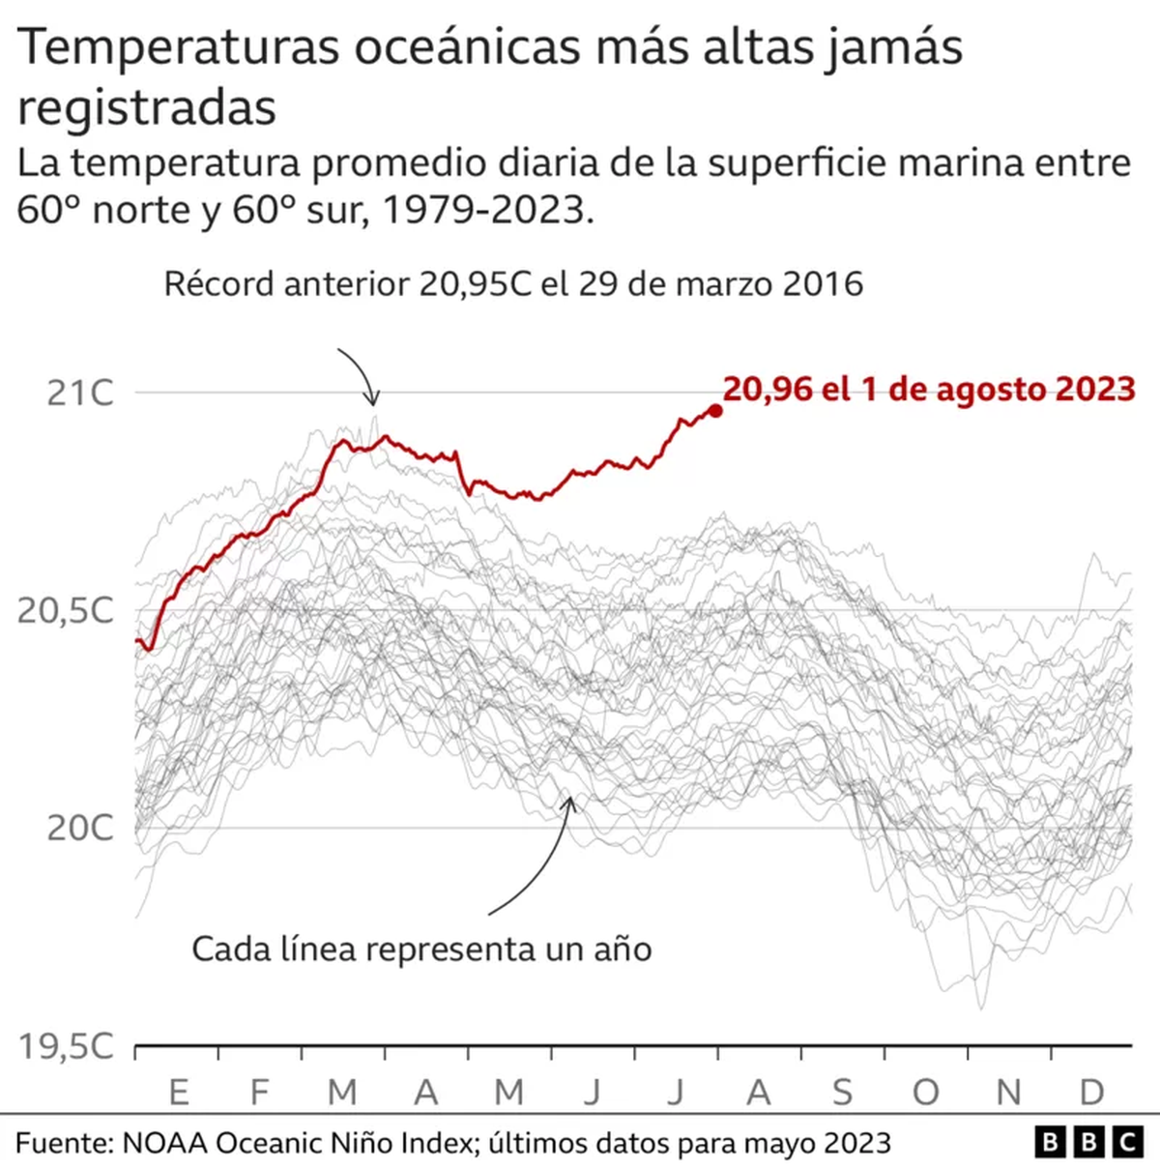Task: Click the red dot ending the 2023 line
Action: [x=715, y=410]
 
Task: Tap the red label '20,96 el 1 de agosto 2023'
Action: [x=928, y=389]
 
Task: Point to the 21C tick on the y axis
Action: [x=79, y=393]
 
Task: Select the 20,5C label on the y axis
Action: [x=66, y=610]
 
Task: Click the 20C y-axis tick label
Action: [x=79, y=828]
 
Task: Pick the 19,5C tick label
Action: [x=66, y=1046]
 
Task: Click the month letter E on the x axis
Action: [x=178, y=1092]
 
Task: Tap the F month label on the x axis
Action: [x=259, y=1092]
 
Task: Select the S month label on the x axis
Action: [x=842, y=1092]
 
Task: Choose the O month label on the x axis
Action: [x=925, y=1092]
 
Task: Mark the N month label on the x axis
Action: [x=1008, y=1092]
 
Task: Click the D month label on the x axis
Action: [x=1091, y=1092]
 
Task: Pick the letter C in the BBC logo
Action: [x=1126, y=1143]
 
